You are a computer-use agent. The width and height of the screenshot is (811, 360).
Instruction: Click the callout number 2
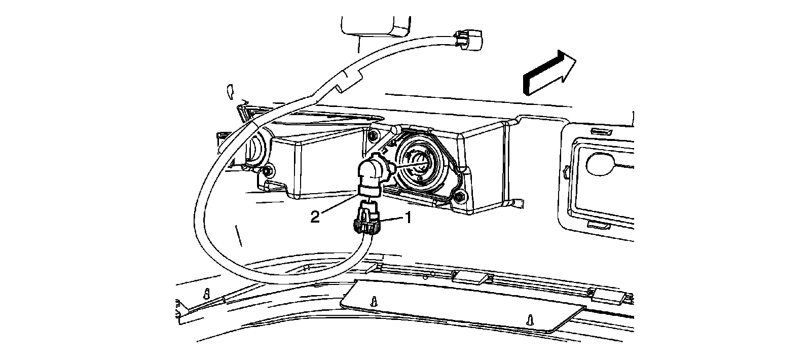[315, 217]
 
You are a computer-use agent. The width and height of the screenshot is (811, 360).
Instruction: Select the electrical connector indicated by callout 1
[366, 220]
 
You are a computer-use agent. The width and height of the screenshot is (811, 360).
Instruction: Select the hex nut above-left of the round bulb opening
[374, 135]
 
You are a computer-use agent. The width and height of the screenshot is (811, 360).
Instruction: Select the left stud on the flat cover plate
[374, 301]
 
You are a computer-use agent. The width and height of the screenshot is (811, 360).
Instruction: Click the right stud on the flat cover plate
[530, 318]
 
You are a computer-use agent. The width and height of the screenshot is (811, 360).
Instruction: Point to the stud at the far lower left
[206, 293]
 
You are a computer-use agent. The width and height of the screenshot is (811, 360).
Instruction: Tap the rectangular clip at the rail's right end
[606, 296]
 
